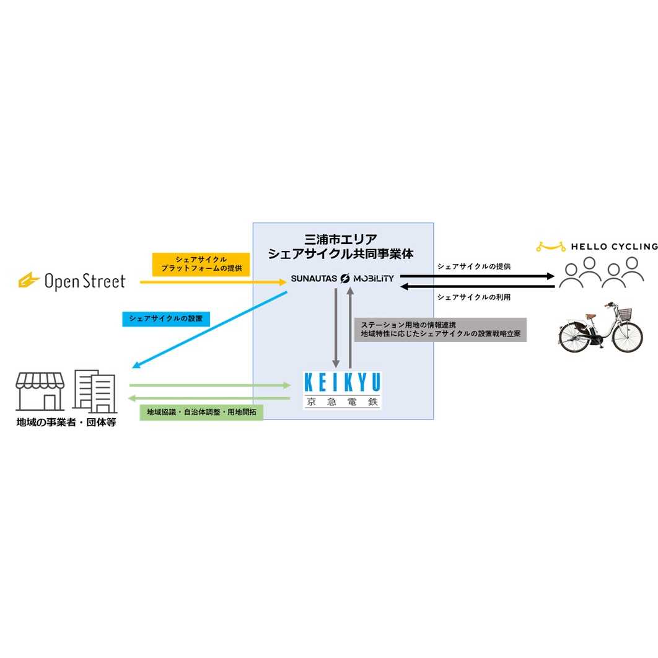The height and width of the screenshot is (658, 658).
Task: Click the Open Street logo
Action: [x=72, y=281]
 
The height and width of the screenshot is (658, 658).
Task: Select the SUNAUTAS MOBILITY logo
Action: [x=342, y=279]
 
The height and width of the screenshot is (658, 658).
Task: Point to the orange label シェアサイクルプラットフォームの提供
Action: [x=201, y=264]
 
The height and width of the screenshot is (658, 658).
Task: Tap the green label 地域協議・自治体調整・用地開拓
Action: [x=202, y=412]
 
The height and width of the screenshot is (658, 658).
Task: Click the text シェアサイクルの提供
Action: [x=473, y=266]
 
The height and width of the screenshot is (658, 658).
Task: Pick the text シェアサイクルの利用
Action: [x=473, y=297]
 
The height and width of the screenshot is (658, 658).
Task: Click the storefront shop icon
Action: [x=40, y=392]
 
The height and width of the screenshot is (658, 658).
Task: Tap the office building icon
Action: [x=94, y=392]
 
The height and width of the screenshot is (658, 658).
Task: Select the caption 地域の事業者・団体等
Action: [x=66, y=424]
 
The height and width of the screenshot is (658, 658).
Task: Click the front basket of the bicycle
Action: [x=625, y=314]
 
